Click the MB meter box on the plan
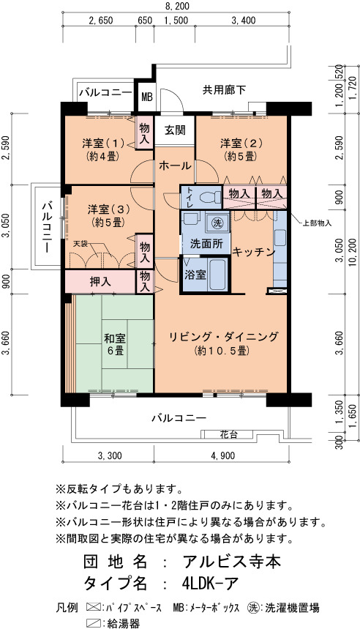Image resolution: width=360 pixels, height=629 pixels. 147,97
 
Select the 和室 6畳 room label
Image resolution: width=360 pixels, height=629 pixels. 115,345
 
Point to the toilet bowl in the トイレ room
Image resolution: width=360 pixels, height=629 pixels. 211,198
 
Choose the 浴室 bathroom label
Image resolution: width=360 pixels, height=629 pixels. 195,275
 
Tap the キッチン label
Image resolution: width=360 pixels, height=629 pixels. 253,252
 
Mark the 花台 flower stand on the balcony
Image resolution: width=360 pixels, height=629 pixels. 228,434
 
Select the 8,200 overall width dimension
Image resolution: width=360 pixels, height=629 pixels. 176,6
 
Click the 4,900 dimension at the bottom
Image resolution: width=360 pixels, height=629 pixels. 222,455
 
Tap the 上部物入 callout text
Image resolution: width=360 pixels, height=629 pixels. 317,223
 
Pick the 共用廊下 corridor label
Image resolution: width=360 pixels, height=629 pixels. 224,90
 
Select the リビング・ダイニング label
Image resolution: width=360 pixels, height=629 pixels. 223,337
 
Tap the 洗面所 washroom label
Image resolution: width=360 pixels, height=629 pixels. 204,244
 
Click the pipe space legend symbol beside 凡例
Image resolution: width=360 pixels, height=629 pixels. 94,607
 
